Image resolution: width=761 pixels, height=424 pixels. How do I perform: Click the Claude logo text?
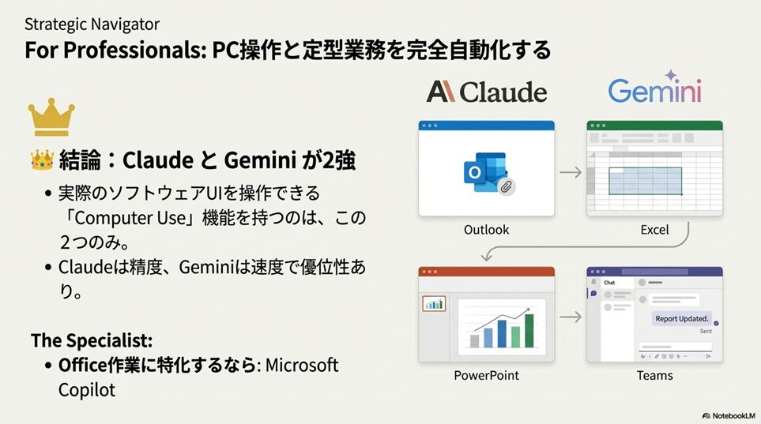(487, 92)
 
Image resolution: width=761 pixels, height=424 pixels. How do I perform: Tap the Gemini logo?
(654, 88)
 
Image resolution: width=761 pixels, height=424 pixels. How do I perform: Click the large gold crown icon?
(51, 117)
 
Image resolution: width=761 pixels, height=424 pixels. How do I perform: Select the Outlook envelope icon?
(487, 173)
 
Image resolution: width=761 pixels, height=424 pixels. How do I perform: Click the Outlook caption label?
(486, 230)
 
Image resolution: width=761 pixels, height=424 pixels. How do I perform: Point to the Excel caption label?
(654, 230)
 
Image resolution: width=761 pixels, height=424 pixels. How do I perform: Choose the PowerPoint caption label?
(486, 376)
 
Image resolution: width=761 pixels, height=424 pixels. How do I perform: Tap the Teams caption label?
(654, 376)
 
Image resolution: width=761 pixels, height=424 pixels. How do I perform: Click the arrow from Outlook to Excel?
(571, 172)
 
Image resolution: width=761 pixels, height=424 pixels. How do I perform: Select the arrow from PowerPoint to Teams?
(571, 317)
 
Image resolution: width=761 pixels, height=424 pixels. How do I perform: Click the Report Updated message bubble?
(681, 319)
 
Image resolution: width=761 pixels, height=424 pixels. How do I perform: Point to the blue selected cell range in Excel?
(645, 181)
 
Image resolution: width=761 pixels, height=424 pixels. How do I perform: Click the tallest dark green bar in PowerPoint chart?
(529, 330)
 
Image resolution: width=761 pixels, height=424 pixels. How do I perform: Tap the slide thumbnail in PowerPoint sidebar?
(434, 304)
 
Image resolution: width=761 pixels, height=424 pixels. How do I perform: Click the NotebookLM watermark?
(729, 416)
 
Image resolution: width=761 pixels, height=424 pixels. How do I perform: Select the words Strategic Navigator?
(92, 24)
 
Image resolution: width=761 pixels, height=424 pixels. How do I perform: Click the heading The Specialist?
(92, 340)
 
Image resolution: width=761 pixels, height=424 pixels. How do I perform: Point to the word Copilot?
(87, 390)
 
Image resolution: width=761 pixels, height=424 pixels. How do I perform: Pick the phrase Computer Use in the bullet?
(130, 218)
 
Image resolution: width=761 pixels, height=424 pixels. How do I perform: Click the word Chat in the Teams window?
(609, 283)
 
